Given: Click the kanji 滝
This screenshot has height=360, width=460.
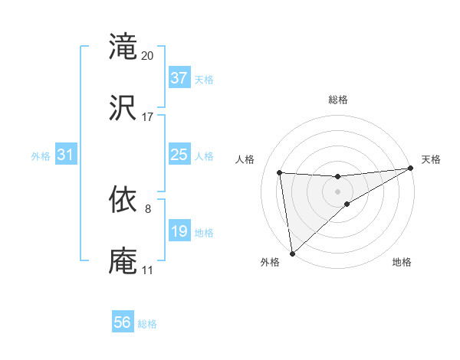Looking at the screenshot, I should click(123, 47).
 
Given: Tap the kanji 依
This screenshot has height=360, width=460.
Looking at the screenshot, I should click(123, 199).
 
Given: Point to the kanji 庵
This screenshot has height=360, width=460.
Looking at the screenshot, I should click(123, 260).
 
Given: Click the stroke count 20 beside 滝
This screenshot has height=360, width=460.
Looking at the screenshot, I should click(148, 56).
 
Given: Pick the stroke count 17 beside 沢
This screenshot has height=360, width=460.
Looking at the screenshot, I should click(148, 117).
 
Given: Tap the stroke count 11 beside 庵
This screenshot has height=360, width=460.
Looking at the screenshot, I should click(147, 270).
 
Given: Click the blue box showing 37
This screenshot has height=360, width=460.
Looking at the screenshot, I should click(179, 78).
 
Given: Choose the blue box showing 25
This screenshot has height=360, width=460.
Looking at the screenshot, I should click(179, 155).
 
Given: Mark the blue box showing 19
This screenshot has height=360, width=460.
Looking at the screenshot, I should click(179, 231).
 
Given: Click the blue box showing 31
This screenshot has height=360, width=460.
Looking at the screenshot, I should click(66, 155).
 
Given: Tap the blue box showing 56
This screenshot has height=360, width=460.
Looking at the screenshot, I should click(123, 323).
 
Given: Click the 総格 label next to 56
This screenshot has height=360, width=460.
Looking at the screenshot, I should click(147, 324).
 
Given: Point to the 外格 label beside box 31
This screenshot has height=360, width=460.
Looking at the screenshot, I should click(41, 155).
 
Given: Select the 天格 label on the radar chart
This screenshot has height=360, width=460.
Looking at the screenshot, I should click(431, 159).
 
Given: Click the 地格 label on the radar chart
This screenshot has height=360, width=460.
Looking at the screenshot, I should click(402, 262).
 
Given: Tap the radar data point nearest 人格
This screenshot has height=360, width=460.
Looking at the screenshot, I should click(280, 172).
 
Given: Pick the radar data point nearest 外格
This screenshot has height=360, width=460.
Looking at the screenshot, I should click(292, 254).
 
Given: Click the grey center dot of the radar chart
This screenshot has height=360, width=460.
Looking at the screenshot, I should click(338, 191).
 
